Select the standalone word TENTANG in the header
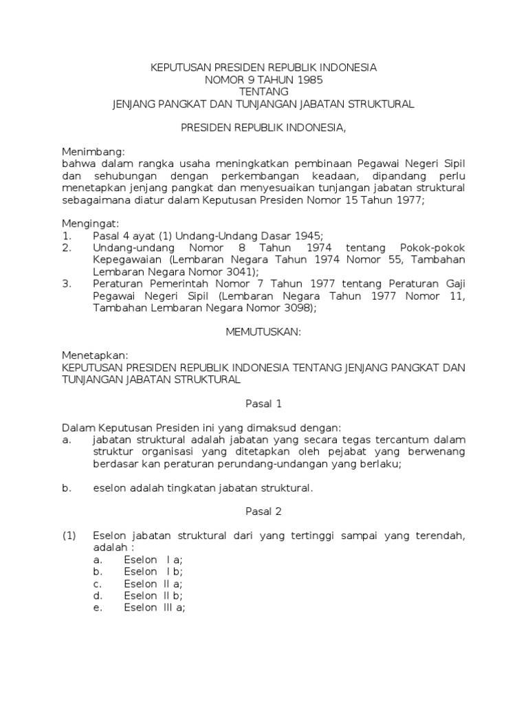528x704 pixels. point(264,91)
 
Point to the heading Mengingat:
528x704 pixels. point(91,223)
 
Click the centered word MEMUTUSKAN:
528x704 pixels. point(264,331)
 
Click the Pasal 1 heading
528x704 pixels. point(264,404)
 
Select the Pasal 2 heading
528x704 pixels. point(264,511)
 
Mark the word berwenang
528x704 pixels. point(438,452)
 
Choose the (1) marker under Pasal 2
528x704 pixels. point(69,536)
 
